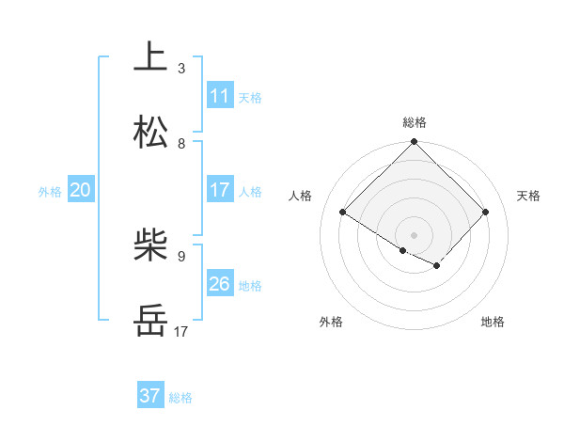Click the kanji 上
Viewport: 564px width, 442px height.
pyautogui.click(x=150, y=56)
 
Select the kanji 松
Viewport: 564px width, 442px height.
pyautogui.click(x=150, y=133)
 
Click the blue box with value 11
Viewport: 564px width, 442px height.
pyautogui.click(x=220, y=96)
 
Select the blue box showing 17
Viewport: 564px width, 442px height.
pyautogui.click(x=220, y=190)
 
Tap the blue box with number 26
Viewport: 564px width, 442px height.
pyautogui.click(x=220, y=284)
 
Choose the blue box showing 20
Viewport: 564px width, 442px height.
pyautogui.click(x=80, y=190)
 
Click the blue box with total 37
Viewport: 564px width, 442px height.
pyautogui.click(x=149, y=396)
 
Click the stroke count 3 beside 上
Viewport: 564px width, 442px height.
pyautogui.click(x=181, y=69)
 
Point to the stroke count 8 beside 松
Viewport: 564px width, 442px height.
pyautogui.click(x=181, y=144)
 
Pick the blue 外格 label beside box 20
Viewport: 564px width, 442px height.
pyautogui.click(x=50, y=192)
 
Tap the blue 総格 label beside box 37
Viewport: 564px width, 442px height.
pyautogui.click(x=180, y=398)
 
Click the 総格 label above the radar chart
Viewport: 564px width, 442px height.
pyautogui.click(x=415, y=122)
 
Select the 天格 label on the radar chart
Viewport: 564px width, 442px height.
pyautogui.click(x=528, y=196)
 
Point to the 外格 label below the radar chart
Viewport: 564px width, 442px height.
pyautogui.click(x=331, y=323)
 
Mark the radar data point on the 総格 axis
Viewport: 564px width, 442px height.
pyautogui.click(x=415, y=143)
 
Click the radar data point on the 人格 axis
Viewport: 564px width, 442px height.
pyautogui.click(x=343, y=213)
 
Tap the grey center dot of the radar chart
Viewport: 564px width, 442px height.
pyautogui.click(x=415, y=234)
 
